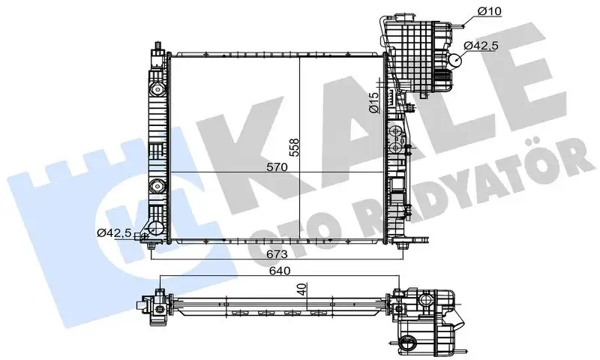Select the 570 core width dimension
(277, 168)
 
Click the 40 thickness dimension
(301, 289)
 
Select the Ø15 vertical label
(373, 103)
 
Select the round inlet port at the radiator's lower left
(155, 229)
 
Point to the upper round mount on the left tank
(156, 89)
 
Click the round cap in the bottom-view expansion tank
(410, 344)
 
